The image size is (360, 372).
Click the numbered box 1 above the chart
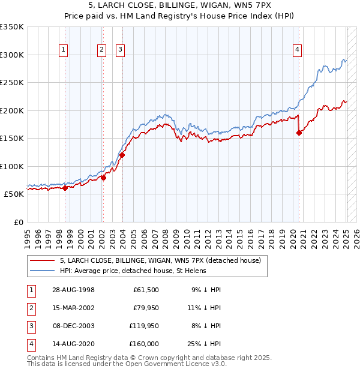[x=64, y=50]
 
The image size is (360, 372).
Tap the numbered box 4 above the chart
[x=297, y=50]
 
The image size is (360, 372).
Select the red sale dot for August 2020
[x=299, y=133]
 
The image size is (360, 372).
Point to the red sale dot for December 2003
[x=122, y=155]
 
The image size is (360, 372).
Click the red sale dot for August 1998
[x=65, y=188]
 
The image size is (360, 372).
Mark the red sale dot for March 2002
[x=103, y=178]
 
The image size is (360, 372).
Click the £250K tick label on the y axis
[x=12, y=83]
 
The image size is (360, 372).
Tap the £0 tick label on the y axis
[x=18, y=222]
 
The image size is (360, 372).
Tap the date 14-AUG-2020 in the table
[x=74, y=344]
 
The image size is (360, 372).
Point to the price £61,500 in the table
[x=145, y=290]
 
